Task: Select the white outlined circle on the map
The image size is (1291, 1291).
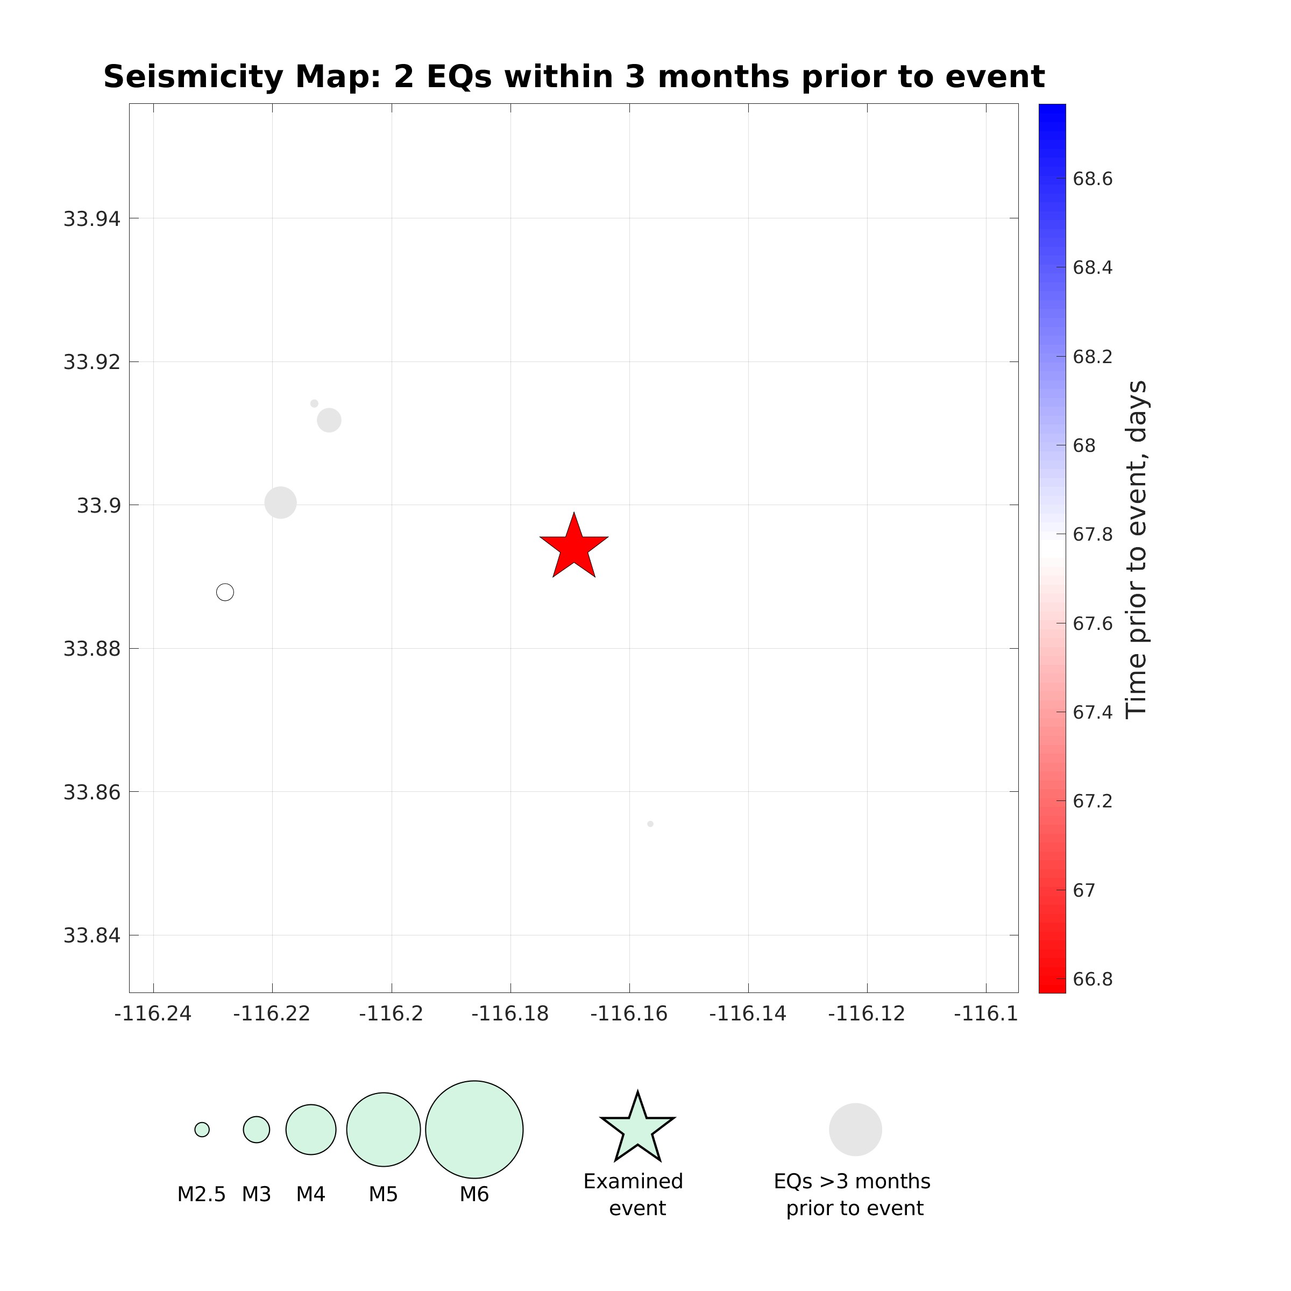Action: tap(225, 592)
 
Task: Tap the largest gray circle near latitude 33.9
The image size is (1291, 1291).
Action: tap(281, 502)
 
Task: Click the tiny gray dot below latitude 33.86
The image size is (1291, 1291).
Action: tap(650, 824)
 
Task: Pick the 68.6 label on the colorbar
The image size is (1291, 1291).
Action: tap(1093, 179)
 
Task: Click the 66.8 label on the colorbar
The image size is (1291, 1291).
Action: tap(1093, 979)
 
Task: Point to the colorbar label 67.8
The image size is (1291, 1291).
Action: tap(1093, 535)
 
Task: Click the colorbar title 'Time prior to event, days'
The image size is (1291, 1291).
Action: tap(1136, 549)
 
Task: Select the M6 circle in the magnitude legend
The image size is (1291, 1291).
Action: tap(474, 1129)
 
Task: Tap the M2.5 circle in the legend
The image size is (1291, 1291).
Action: tap(202, 1129)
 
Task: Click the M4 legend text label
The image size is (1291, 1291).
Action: tap(311, 1194)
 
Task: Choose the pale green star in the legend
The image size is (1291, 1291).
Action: tap(637, 1129)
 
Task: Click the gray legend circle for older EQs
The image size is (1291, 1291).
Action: tap(855, 1129)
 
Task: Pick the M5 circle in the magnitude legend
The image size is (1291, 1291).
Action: tap(384, 1129)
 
